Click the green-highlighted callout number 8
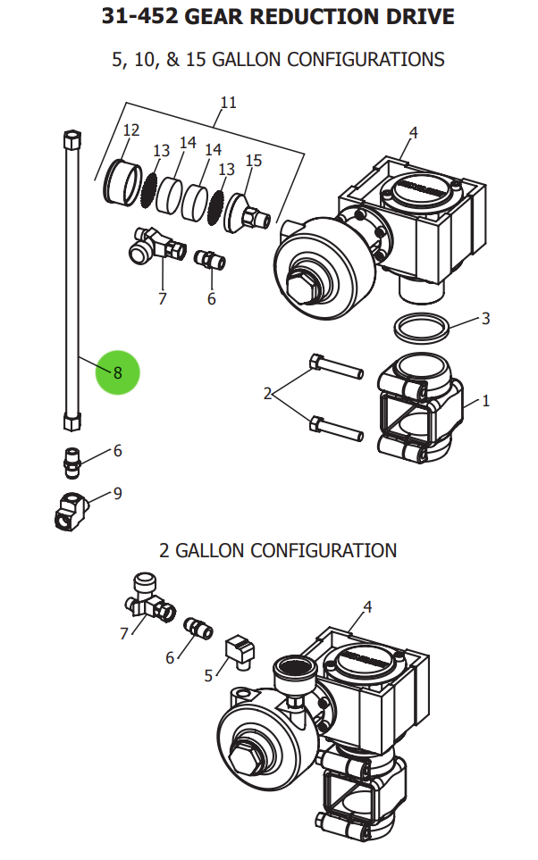point(118,372)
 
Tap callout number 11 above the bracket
point(229,103)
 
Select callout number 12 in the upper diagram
point(131,130)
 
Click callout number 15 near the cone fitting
point(254,161)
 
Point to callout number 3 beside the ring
point(485,318)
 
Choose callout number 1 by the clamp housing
point(485,401)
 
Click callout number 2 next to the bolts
point(267,393)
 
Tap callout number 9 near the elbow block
point(117,493)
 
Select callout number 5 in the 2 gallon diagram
point(208,675)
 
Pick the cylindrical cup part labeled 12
point(120,180)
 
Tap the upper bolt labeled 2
point(334,366)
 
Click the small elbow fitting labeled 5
point(239,649)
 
